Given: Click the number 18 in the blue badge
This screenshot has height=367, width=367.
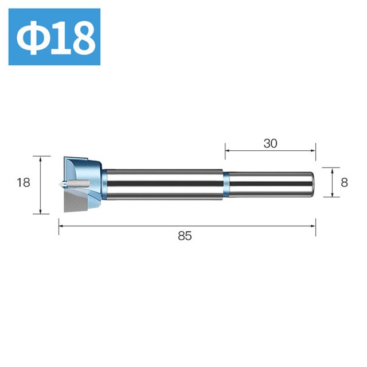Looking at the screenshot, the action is [73, 38].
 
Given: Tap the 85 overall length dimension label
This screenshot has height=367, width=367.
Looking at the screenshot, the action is [185, 236].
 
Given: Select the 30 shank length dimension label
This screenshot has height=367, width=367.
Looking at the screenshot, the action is [270, 143].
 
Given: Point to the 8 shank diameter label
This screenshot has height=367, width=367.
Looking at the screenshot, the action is [344, 182].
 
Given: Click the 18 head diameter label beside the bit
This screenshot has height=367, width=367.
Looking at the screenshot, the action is [24, 182].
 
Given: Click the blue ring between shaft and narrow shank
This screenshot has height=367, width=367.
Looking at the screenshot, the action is [225, 185].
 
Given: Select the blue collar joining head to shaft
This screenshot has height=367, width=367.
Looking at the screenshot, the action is [104, 185].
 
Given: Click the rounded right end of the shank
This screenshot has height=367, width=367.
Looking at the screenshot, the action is [311, 185].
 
